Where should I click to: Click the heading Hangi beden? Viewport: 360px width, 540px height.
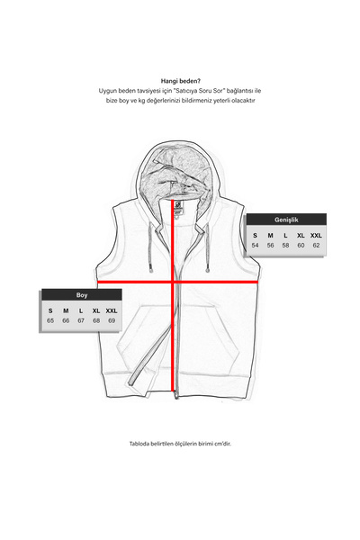(180, 79)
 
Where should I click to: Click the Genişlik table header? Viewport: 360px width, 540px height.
(287, 220)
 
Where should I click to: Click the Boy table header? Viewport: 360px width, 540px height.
(82, 295)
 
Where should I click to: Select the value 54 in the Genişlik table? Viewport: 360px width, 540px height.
(255, 245)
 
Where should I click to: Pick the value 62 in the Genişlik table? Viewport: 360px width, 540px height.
(316, 245)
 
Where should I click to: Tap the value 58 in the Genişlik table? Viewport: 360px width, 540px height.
(285, 245)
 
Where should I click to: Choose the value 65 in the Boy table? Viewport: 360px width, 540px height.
(50, 320)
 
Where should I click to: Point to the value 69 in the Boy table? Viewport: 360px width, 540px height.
(112, 320)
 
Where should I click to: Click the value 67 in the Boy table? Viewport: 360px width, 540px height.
(81, 320)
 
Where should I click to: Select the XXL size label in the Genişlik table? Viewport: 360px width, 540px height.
(316, 235)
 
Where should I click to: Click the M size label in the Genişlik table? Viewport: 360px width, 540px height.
(270, 235)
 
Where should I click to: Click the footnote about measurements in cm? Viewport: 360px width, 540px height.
(180, 444)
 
